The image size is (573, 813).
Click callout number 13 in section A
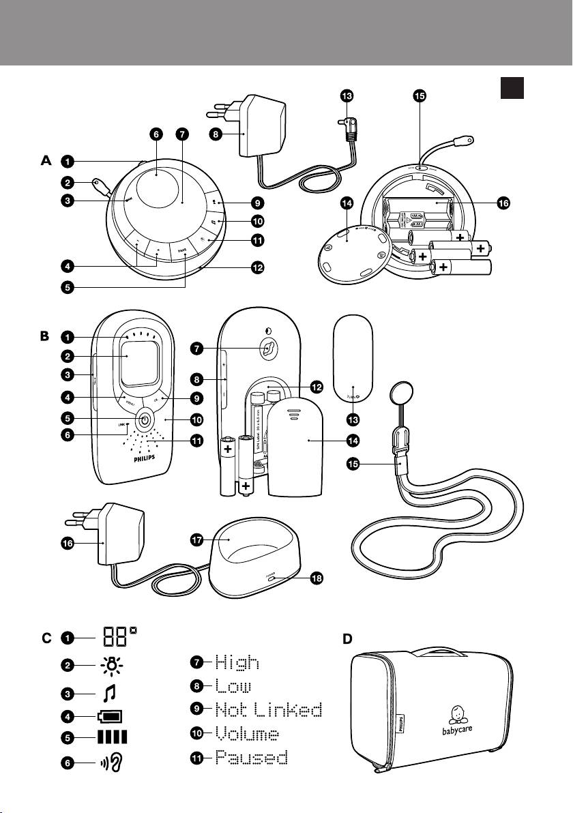(x=349, y=96)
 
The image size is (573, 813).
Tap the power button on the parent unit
(x=145, y=421)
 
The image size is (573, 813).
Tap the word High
(x=237, y=662)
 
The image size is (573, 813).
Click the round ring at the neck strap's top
(x=398, y=395)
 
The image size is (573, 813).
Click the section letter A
(x=46, y=161)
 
